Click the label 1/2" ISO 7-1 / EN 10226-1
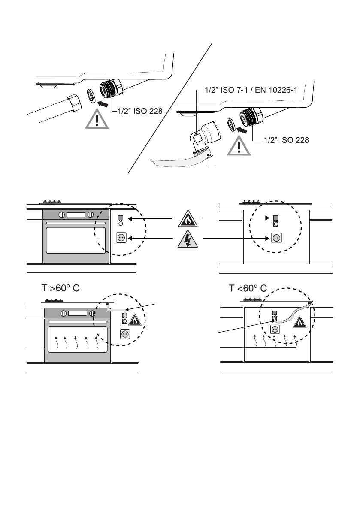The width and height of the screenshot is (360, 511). tap(251, 90)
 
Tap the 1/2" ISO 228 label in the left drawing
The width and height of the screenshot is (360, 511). tap(140, 111)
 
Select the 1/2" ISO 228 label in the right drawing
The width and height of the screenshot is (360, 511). tap(286, 140)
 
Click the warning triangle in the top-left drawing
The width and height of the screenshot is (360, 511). tap(97, 119)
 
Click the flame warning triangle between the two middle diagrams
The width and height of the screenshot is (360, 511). tap(188, 219)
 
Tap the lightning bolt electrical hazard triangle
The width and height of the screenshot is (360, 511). tap(188, 239)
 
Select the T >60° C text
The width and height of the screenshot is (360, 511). tap(61, 288)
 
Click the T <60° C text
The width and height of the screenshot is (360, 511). tap(248, 288)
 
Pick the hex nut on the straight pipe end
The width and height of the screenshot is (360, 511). tap(74, 103)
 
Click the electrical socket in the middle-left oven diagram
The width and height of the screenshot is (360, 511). tap(121, 238)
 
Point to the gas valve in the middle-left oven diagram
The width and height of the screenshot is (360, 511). tap(120, 221)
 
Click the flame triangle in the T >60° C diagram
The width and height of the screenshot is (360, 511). tap(135, 321)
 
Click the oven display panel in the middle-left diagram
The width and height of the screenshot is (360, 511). tap(76, 215)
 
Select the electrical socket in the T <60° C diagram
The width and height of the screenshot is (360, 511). tap(275, 330)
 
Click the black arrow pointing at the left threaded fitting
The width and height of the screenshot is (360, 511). tap(103, 104)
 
